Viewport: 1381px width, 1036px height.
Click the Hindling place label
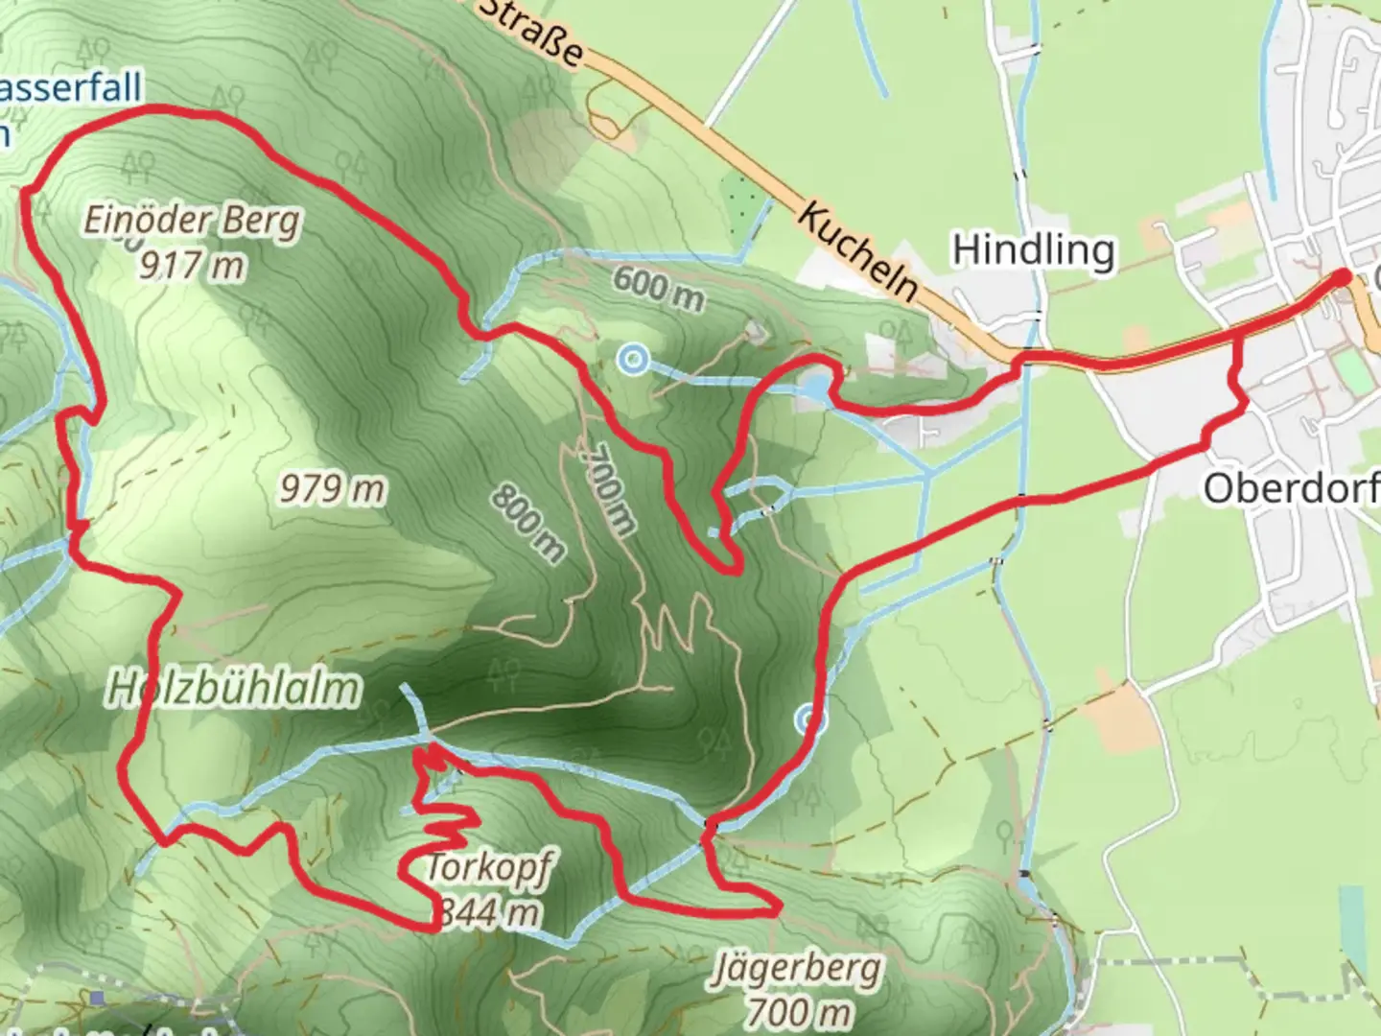point(1033,250)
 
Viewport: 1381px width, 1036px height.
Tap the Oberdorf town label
point(1291,488)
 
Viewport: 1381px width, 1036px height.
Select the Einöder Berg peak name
point(192,222)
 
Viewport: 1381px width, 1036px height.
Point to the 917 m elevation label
point(192,265)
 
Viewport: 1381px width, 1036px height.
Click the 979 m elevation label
point(332,489)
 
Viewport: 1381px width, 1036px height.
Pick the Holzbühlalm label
point(233,689)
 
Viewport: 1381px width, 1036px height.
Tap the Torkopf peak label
point(489,868)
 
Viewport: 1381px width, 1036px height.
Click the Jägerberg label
point(796,969)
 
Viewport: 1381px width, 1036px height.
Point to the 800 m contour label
point(527,523)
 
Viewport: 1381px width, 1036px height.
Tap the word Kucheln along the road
point(856,252)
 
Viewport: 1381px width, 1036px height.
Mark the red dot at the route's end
point(1341,277)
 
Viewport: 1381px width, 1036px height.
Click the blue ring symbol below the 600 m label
point(632,361)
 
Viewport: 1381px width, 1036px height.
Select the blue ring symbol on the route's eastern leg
point(809,720)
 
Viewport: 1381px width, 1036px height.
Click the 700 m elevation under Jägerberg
point(798,1011)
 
